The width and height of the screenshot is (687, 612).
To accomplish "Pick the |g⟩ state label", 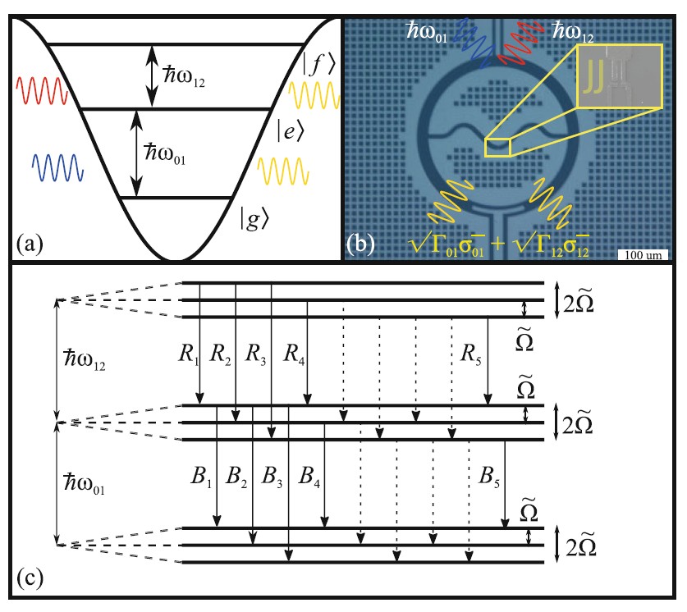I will coord(253,219).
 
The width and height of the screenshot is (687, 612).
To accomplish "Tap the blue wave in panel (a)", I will coord(57,168).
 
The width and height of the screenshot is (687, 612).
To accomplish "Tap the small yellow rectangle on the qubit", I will coord(497,146).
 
